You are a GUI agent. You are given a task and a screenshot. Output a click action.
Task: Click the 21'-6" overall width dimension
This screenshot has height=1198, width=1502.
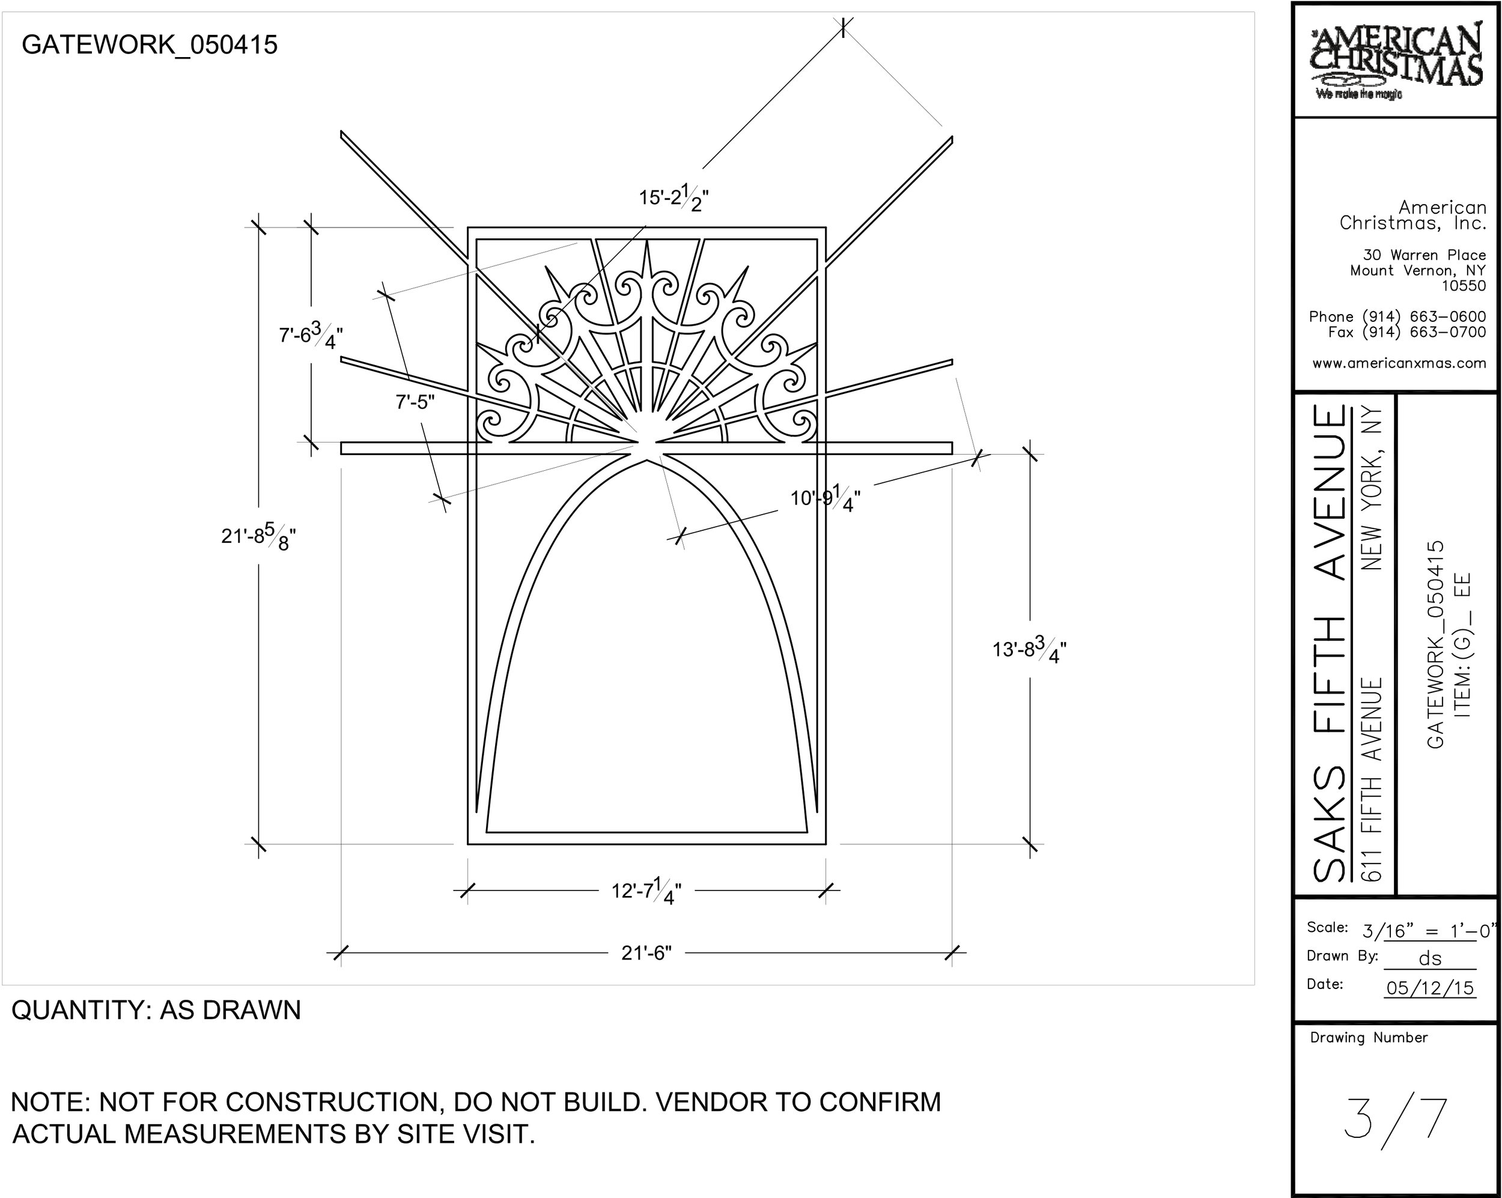coord(646,953)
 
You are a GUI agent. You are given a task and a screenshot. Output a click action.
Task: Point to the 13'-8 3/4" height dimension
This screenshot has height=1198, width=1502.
coord(1029,650)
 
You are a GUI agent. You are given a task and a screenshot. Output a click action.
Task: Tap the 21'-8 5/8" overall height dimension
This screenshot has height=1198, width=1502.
coord(258,536)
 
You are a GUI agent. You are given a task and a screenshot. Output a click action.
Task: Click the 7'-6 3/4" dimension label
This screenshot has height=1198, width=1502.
coord(311,336)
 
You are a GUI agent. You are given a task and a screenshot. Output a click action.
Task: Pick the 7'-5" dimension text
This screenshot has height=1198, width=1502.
coord(415,402)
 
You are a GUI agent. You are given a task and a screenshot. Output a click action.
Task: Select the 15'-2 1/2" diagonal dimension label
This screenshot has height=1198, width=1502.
coord(673,198)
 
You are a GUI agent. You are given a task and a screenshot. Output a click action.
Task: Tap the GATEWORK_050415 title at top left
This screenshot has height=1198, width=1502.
coord(150,45)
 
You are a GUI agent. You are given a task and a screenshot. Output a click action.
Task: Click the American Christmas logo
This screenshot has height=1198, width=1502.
coord(1396,61)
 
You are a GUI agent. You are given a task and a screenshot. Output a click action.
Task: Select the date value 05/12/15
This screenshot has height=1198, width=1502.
coord(1429,988)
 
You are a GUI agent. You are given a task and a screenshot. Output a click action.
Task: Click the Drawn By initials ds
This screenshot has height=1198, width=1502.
coord(1429,959)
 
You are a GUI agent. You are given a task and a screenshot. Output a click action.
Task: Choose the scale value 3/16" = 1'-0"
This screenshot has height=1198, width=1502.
coord(1428,931)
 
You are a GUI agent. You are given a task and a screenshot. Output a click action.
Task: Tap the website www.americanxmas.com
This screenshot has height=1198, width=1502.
coord(1399,363)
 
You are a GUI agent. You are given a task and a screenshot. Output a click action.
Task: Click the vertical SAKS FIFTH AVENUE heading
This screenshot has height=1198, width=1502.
coord(1329,644)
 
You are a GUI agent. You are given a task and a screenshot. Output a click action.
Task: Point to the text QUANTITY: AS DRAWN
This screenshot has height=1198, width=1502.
coord(156,1010)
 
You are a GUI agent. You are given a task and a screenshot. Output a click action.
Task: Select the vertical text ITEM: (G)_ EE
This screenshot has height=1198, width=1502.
coord(1462,644)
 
